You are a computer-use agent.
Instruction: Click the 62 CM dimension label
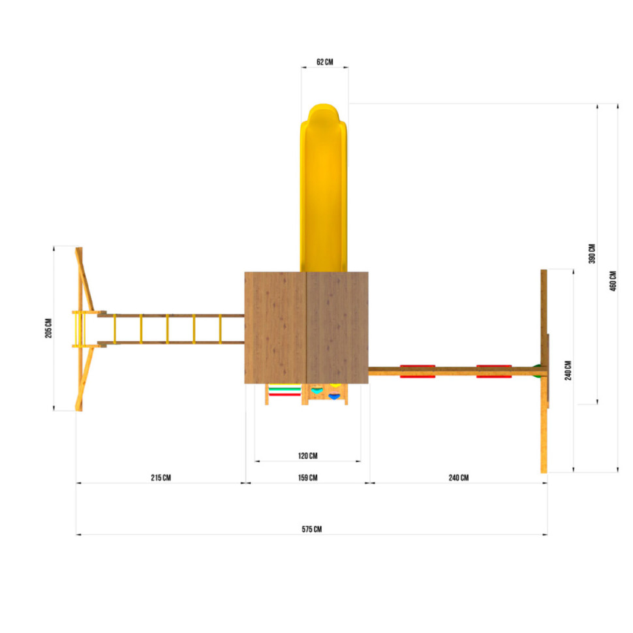[324, 62]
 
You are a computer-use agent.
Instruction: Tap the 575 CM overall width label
[312, 529]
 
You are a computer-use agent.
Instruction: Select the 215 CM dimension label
[161, 478]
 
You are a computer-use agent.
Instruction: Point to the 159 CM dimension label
[307, 478]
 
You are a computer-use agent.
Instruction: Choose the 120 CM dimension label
[307, 455]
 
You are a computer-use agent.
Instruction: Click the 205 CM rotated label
[48, 328]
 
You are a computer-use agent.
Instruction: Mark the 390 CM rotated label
[592, 253]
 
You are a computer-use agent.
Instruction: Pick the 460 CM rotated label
[613, 281]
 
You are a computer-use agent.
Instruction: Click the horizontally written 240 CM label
[459, 478]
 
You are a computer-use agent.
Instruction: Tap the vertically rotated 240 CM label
[568, 370]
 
